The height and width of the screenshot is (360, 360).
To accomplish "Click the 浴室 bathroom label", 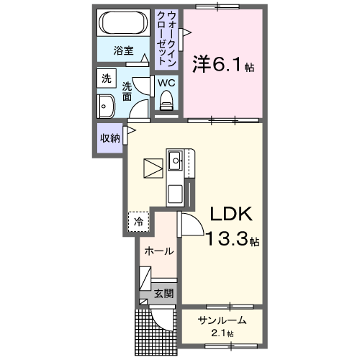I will pyautogui.click(x=124, y=51).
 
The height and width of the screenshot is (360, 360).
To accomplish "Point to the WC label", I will pyautogui.click(x=166, y=83).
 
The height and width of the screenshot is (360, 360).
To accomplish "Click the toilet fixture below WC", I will pyautogui.click(x=167, y=105).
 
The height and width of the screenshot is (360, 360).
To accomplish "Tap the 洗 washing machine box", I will pyautogui.click(x=106, y=78).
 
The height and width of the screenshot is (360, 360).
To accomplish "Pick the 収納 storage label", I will pyautogui.click(x=109, y=138).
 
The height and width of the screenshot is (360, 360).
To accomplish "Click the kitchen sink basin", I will pyautogui.click(x=175, y=164).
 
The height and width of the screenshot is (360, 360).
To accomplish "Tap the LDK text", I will pyautogui.click(x=230, y=215).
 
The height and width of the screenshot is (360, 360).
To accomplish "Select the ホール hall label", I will pyautogui.click(x=158, y=251).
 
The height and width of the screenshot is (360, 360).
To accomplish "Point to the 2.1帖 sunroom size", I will pyautogui.click(x=224, y=333).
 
